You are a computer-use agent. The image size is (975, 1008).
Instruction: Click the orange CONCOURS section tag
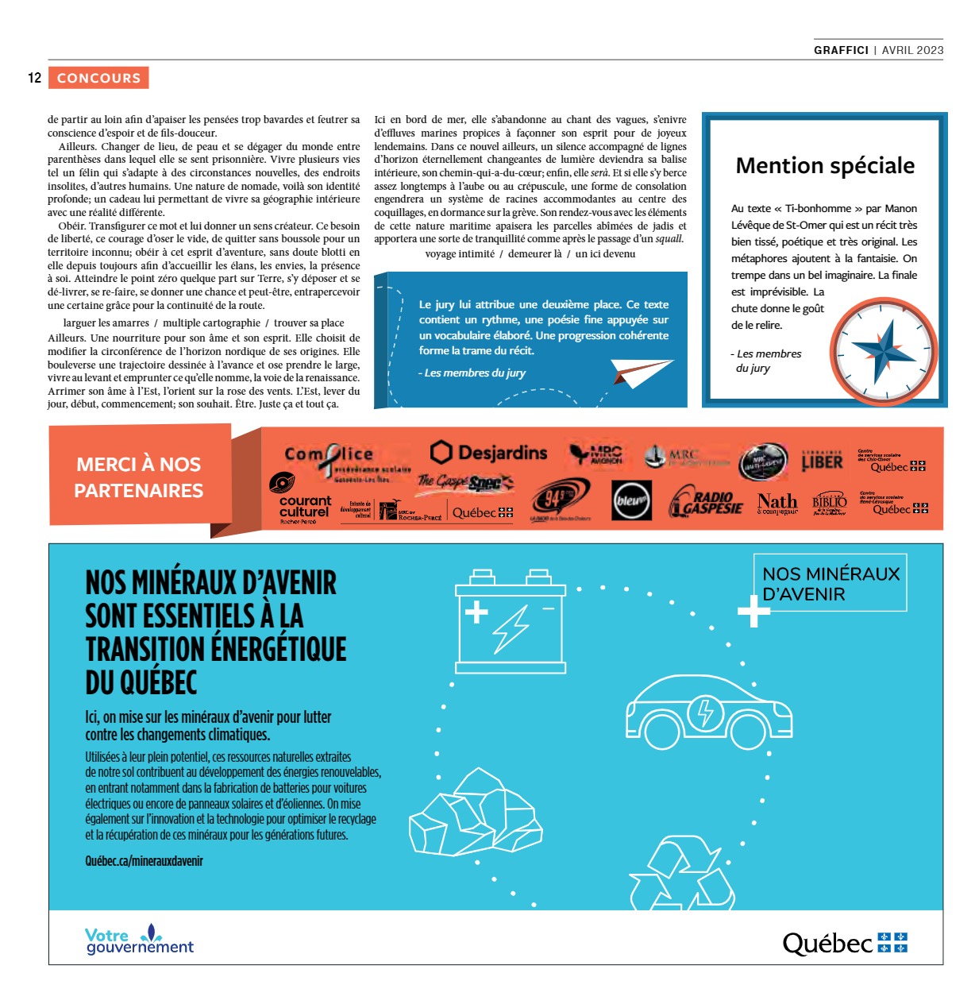click(x=98, y=78)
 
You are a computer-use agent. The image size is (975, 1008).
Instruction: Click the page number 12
click(x=34, y=78)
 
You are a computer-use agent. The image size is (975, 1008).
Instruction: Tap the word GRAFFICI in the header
click(x=841, y=49)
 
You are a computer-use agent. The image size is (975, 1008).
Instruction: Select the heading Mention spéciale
click(x=825, y=165)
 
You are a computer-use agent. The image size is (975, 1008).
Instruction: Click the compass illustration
click(x=884, y=350)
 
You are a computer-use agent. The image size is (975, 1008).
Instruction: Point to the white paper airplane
click(x=642, y=371)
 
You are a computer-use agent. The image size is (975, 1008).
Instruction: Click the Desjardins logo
click(x=489, y=453)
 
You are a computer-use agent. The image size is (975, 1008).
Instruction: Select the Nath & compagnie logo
click(x=777, y=503)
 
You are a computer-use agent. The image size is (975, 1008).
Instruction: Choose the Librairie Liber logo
click(x=822, y=460)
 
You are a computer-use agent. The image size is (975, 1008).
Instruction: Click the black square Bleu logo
click(x=632, y=501)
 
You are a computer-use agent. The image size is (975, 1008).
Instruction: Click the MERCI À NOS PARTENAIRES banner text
click(x=139, y=477)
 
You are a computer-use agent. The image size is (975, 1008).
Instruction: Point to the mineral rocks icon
click(x=476, y=812)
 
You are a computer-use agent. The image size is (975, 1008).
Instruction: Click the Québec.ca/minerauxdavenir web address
click(x=145, y=861)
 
